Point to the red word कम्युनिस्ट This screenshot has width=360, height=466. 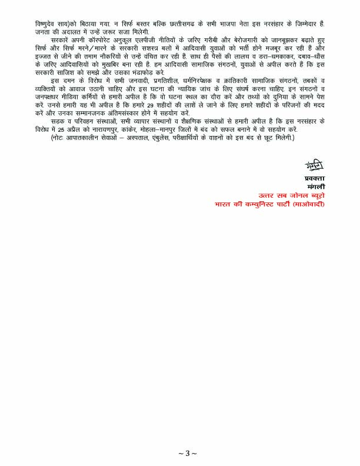(264, 204)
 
